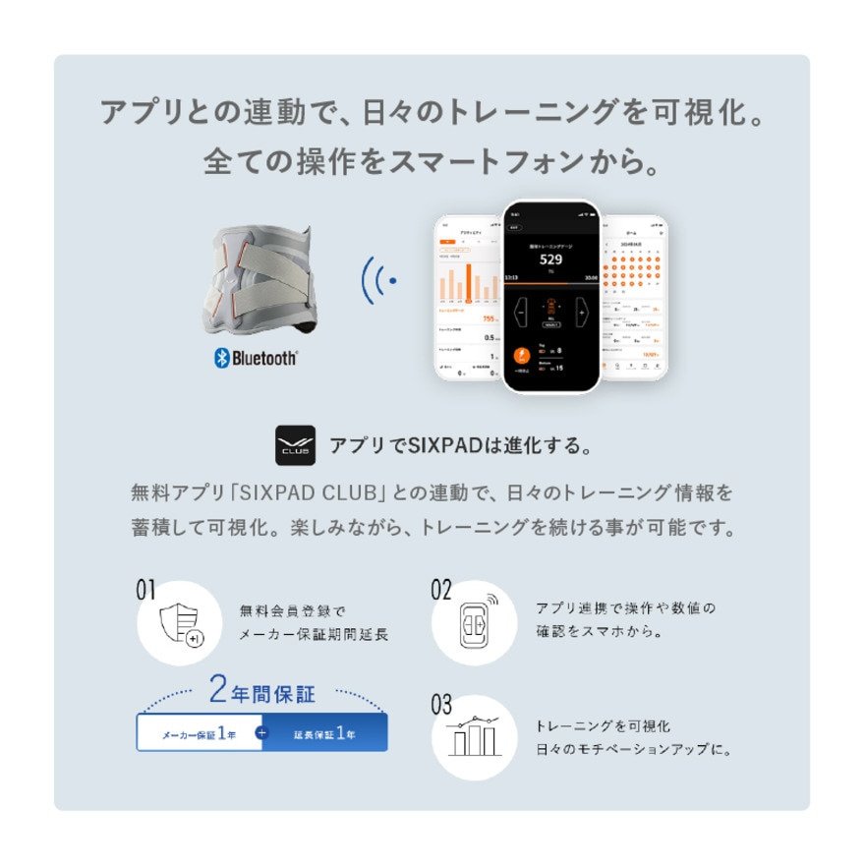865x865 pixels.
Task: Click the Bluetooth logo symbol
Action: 221,359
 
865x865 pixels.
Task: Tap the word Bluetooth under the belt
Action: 264,359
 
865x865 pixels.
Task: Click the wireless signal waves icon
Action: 379,281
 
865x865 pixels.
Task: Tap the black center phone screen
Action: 550,295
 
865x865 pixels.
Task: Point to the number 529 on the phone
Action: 550,260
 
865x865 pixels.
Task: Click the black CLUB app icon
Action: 295,445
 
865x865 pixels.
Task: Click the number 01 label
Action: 146,590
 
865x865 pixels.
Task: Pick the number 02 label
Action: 441,590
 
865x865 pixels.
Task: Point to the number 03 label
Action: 441,705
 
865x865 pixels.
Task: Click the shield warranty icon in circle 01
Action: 180,623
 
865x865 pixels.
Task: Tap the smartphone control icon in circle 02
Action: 475,623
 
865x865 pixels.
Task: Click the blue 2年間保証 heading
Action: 261,692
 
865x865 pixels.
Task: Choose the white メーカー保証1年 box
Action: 199,733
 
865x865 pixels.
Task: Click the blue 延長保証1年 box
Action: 325,733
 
